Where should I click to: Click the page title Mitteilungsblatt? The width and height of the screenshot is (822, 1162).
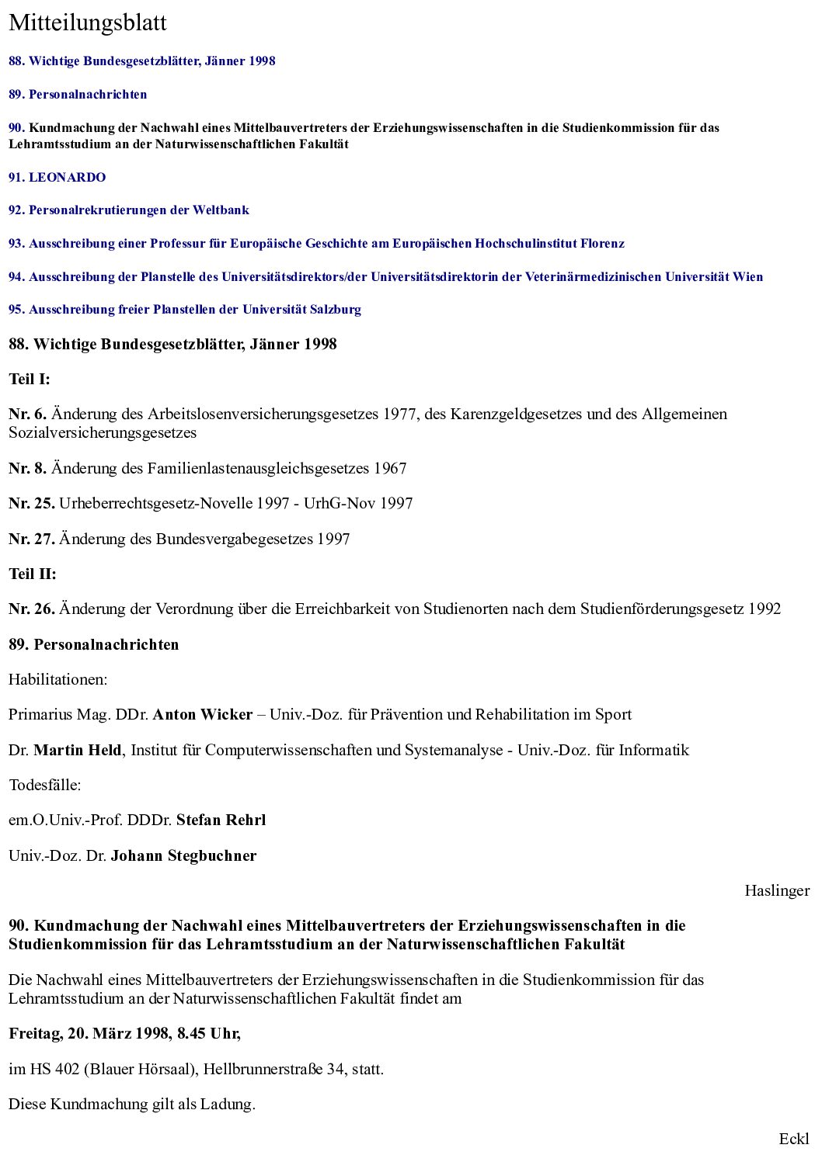click(x=88, y=23)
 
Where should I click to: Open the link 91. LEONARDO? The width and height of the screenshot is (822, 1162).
click(x=57, y=177)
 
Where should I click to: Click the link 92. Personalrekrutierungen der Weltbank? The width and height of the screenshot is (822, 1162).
click(x=129, y=210)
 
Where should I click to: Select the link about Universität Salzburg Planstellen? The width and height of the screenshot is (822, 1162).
click(x=185, y=309)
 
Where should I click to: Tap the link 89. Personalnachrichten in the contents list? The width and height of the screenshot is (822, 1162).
click(x=78, y=94)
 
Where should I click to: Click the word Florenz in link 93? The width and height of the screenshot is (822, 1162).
click(x=602, y=243)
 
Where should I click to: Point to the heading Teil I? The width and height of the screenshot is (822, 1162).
click(x=30, y=379)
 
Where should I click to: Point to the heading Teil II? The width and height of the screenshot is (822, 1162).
click(x=33, y=574)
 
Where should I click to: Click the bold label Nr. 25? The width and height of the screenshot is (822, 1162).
click(x=32, y=503)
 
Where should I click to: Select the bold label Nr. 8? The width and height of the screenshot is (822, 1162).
click(x=28, y=468)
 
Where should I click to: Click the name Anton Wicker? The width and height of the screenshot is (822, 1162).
click(x=203, y=714)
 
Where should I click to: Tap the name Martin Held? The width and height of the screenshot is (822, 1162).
click(x=78, y=750)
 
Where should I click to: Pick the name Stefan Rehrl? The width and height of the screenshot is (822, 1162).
click(x=221, y=820)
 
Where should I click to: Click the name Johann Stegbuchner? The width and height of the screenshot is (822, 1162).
click(x=183, y=855)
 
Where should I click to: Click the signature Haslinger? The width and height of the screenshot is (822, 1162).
click(x=776, y=890)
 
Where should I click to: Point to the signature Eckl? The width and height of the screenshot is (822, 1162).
click(x=793, y=1139)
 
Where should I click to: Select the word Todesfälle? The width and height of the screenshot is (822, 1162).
click(x=45, y=785)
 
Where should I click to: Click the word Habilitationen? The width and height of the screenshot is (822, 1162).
click(x=58, y=679)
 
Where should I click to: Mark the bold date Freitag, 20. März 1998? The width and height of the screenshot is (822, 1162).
click(x=89, y=1033)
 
